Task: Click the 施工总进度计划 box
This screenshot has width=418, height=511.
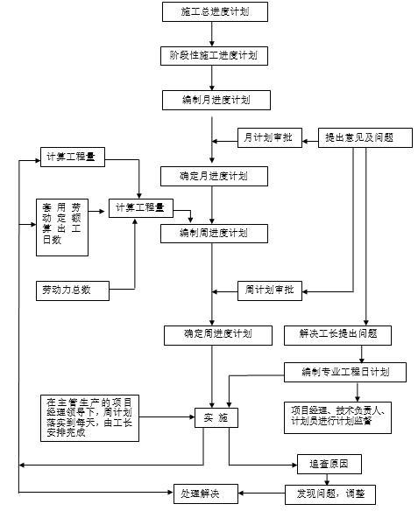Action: [214, 12]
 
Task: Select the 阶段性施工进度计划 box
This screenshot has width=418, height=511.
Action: [214, 55]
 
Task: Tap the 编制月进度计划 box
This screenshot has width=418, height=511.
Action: [214, 100]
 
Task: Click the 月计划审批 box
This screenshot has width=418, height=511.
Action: [269, 137]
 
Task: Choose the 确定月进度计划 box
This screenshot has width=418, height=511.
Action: [214, 175]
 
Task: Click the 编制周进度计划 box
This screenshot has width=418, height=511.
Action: [214, 233]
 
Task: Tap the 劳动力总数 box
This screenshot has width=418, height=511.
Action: [74, 289]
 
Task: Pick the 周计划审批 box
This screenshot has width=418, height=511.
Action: [269, 289]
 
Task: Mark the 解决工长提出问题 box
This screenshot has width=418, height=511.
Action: [337, 333]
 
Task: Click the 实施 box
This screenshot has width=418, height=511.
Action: [216, 418]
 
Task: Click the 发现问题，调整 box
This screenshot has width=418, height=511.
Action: [329, 494]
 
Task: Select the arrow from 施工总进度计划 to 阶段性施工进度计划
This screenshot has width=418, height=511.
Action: [214, 34]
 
